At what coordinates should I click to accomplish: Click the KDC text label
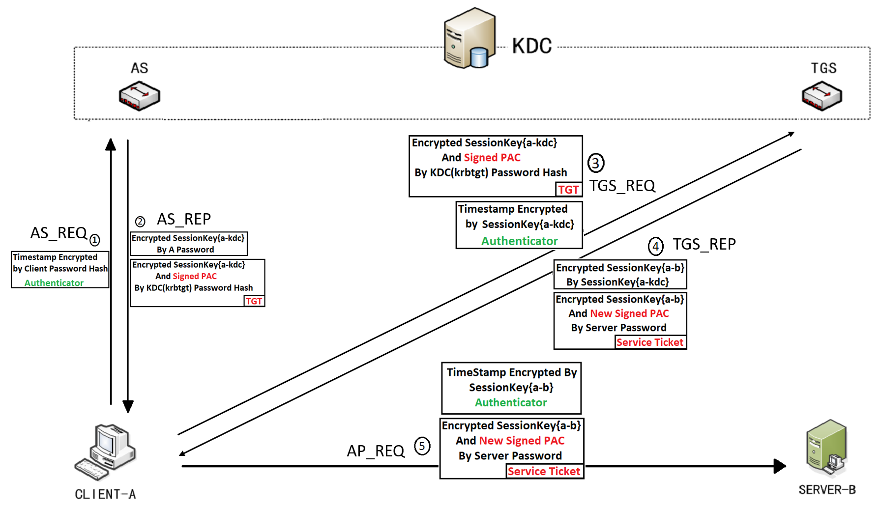532,46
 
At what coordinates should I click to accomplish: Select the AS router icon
139,96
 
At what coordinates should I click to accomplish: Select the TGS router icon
821,96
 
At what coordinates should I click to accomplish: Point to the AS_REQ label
59,233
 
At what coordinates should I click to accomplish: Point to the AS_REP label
184,219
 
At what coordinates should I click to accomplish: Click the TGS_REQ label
622,186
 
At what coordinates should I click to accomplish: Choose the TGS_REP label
704,244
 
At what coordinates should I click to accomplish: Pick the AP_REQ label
376,451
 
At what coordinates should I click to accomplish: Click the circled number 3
595,163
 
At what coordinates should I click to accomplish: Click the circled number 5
422,446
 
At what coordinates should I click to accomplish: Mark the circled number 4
655,246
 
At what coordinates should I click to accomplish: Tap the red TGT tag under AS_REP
254,301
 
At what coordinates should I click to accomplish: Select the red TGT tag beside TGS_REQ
568,190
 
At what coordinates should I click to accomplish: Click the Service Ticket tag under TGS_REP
650,342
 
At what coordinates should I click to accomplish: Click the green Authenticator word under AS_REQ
54,283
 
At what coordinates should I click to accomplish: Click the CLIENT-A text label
105,494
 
